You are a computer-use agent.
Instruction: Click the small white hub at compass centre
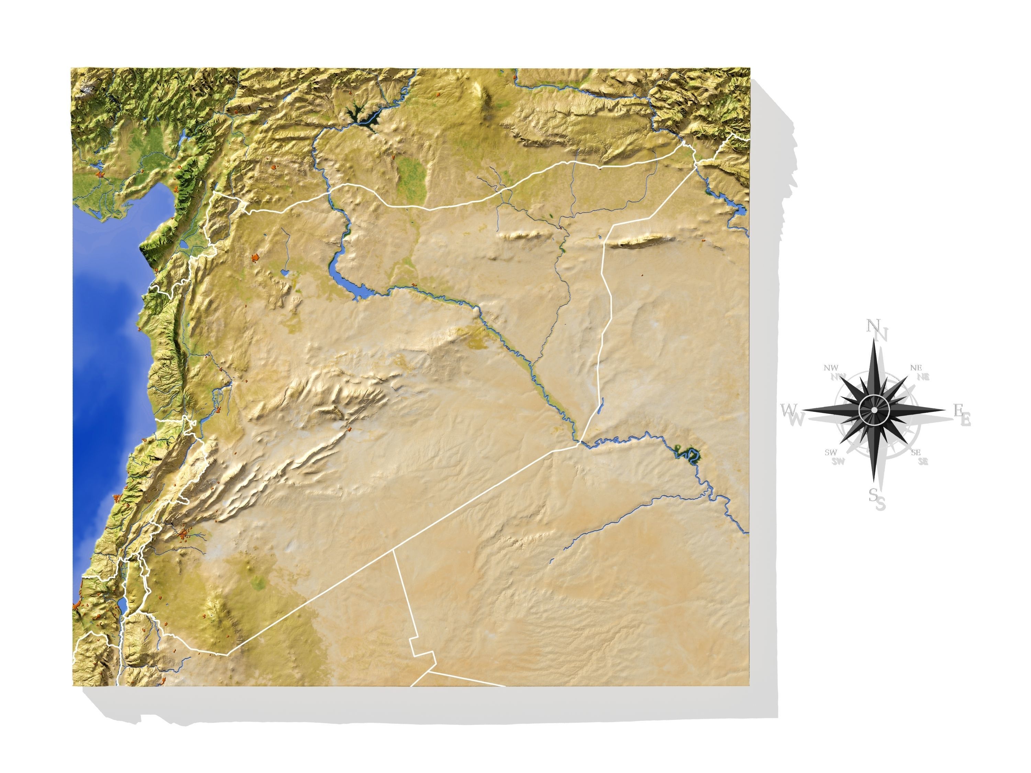tap(874, 410)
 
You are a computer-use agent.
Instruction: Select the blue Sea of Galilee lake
tap(122, 606)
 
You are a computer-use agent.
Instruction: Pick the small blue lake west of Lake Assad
tap(284, 272)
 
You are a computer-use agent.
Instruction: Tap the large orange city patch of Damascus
tap(186, 534)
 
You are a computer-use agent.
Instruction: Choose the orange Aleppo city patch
tap(255, 257)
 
